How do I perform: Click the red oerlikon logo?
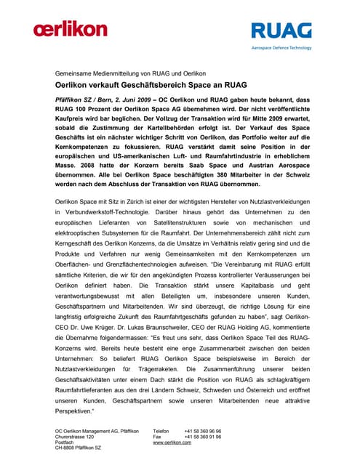coord(70,30)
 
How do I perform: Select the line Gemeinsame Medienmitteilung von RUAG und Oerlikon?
coord(131,73)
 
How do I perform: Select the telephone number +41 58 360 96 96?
coord(202,430)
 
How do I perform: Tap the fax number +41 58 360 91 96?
coord(202,436)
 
